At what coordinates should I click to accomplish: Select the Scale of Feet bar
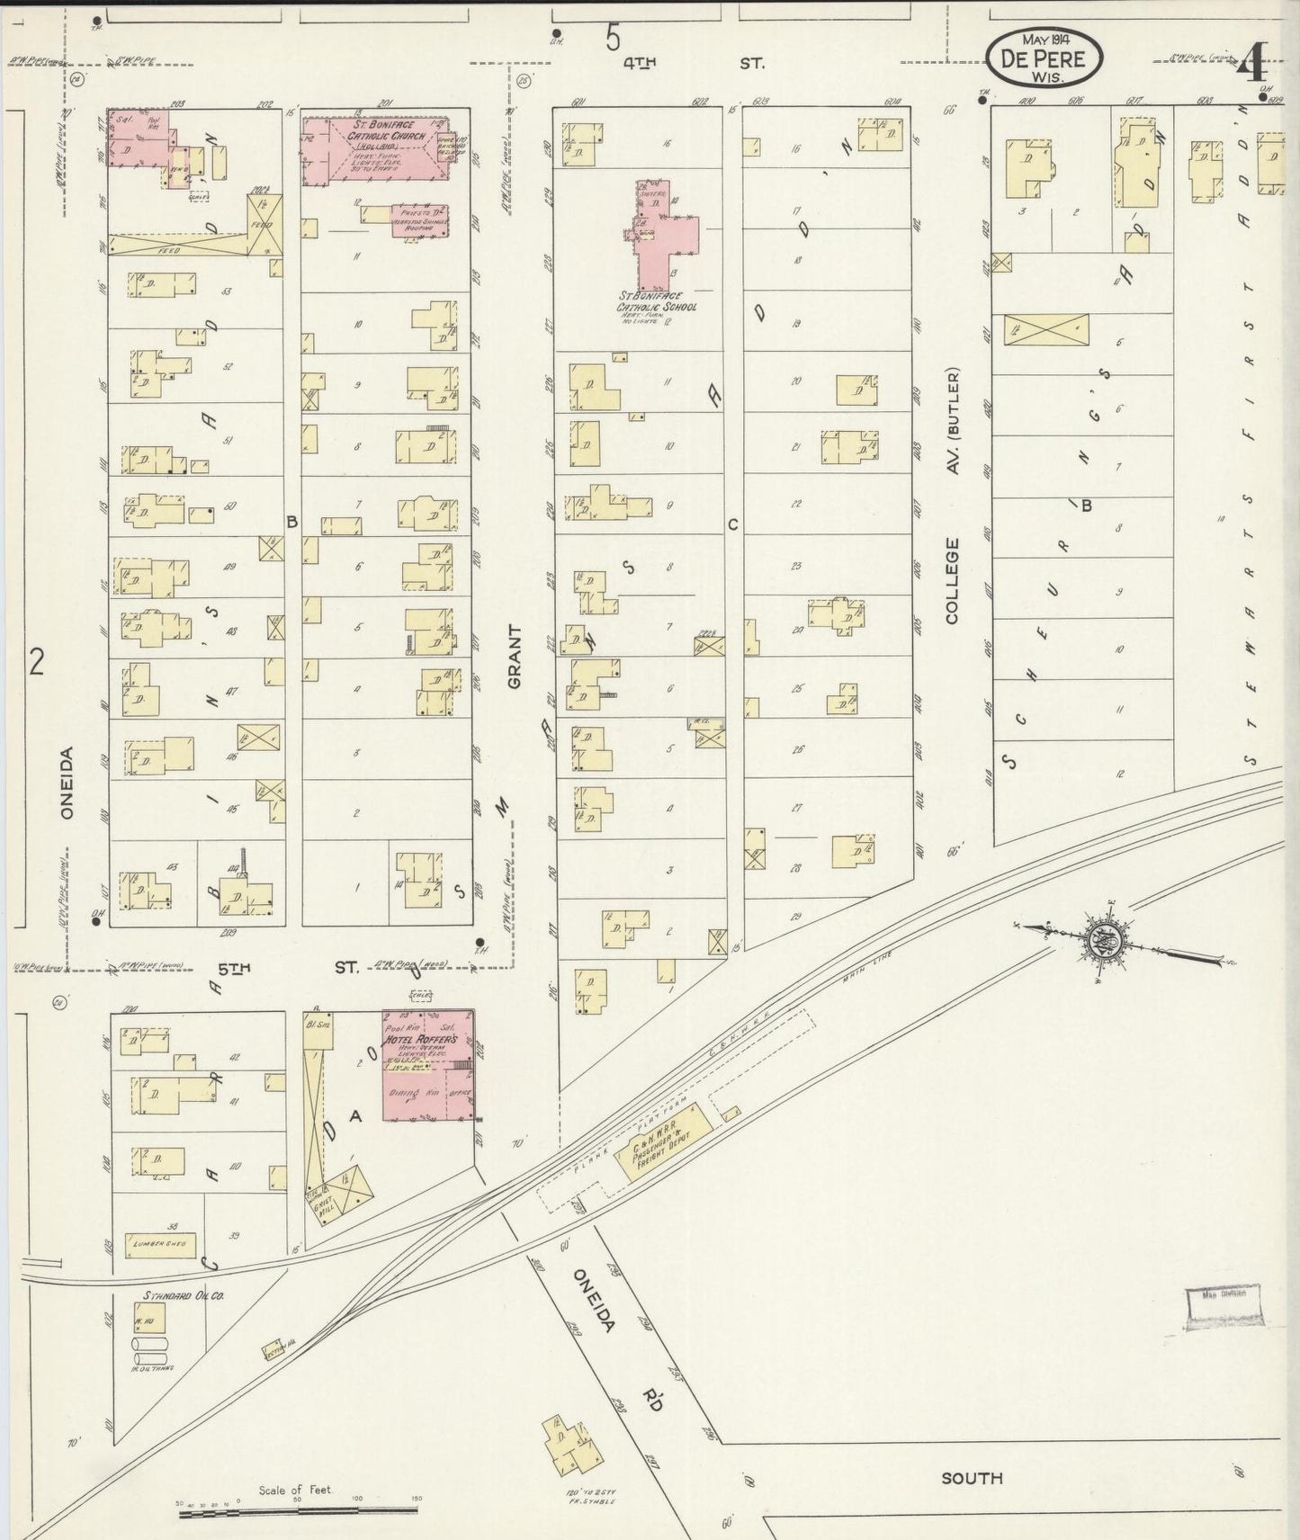click(x=296, y=1515)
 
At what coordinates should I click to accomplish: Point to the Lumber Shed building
click(x=160, y=1244)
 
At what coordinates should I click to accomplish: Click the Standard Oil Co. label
click(x=182, y=1296)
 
